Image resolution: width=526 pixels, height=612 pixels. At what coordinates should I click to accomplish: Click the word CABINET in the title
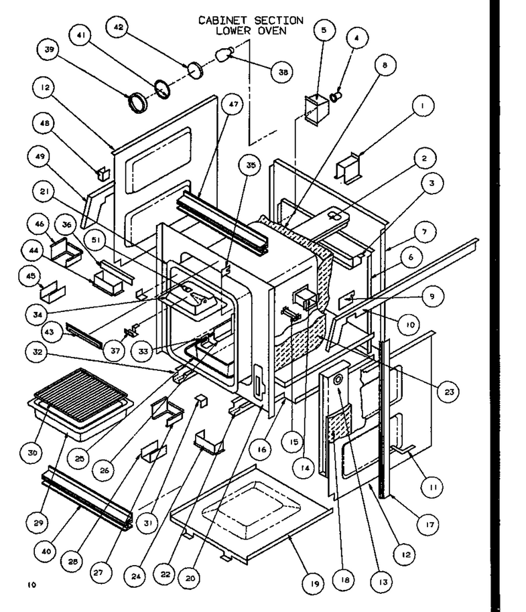click(223, 20)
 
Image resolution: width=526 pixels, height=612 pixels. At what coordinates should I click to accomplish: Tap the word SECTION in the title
click(279, 20)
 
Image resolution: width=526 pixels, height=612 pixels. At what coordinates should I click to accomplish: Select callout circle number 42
click(118, 27)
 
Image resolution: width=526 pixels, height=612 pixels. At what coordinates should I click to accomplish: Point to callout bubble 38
click(283, 72)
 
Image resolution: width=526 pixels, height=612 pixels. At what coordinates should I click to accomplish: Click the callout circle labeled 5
click(324, 29)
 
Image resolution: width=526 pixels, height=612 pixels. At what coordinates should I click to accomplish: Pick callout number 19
click(315, 583)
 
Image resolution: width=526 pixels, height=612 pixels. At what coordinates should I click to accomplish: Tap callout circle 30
click(32, 453)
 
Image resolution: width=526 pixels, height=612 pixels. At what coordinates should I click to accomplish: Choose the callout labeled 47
click(233, 104)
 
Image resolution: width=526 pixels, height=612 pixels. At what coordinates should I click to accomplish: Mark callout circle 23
click(449, 391)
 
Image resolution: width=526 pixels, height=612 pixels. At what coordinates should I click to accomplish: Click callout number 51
click(96, 240)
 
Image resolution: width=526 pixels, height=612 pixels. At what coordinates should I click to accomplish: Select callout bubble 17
click(430, 524)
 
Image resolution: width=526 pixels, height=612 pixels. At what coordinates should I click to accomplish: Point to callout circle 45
click(30, 276)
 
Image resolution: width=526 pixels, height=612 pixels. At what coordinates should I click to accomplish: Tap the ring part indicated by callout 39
click(138, 103)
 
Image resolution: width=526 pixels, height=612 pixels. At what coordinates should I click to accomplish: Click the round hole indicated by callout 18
click(338, 378)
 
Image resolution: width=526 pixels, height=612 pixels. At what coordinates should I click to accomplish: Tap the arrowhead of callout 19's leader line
click(289, 536)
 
